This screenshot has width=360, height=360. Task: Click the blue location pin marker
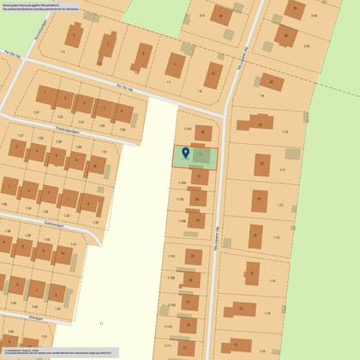(185, 154)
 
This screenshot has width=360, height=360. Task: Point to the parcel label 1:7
(168, 81)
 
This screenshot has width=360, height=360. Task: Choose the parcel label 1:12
(279, 206)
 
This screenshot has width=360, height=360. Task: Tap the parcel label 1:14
(273, 281)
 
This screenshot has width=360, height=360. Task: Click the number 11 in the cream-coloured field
(100, 323)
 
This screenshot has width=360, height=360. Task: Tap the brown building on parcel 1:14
(251, 273)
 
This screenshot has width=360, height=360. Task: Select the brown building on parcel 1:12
(259, 200)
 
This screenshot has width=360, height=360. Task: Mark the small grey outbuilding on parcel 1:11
(292, 154)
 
